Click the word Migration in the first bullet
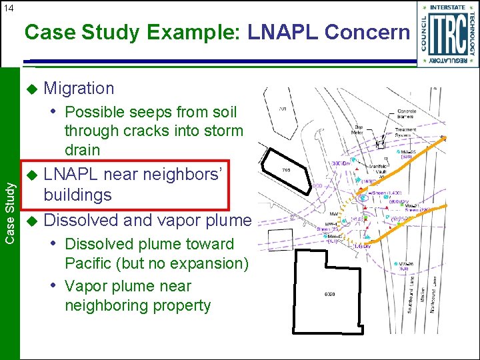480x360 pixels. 79,88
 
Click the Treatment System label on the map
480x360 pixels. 407,134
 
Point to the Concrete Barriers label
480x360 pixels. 406,115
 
